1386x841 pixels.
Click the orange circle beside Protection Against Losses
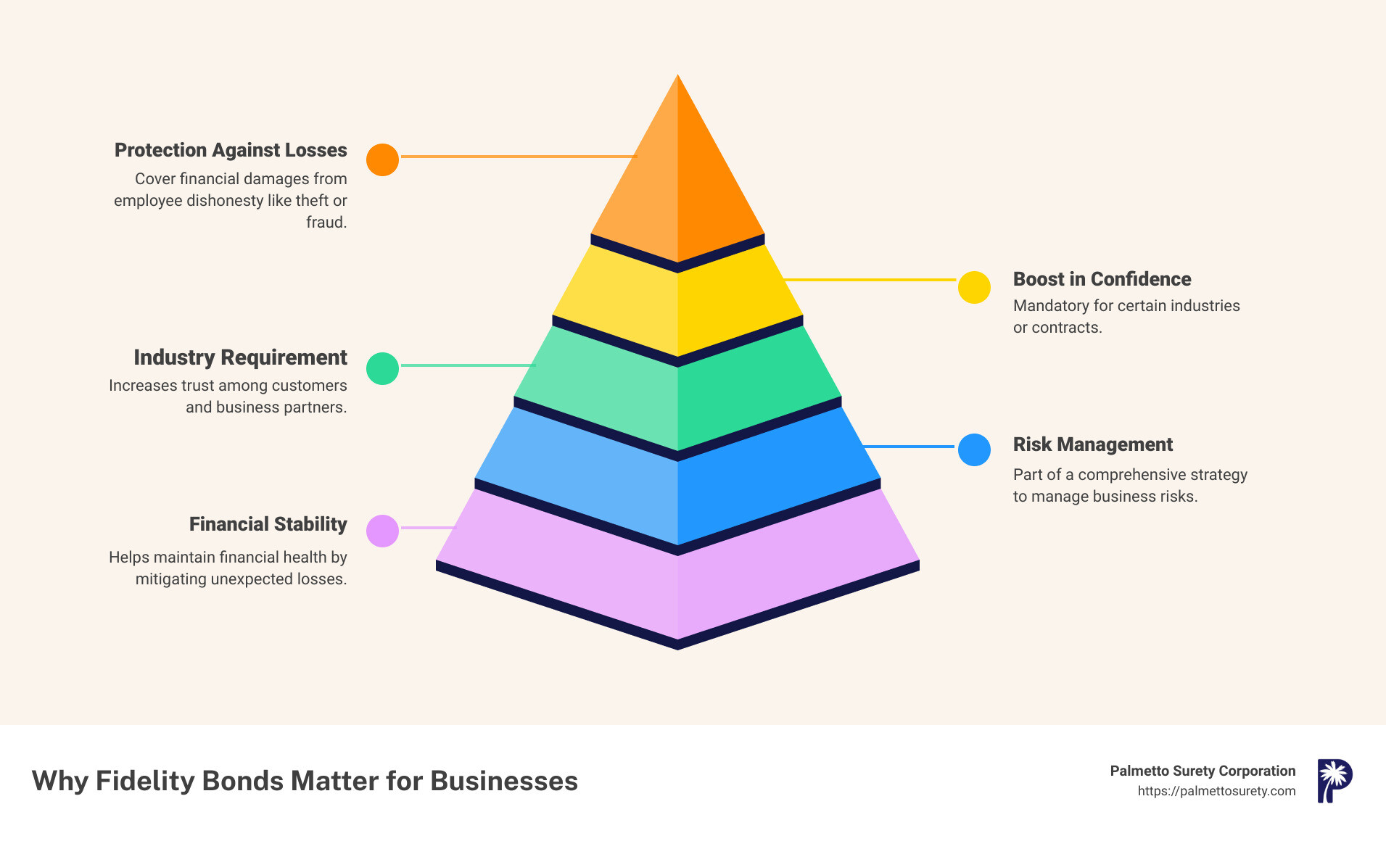[x=382, y=159]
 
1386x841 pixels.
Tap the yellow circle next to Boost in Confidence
[x=974, y=288]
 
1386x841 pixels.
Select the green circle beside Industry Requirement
[x=382, y=368]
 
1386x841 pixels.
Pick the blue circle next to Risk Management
[x=974, y=449]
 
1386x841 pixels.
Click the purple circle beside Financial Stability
[x=382, y=531]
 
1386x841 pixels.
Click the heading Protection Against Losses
[x=231, y=150]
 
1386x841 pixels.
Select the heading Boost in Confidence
[x=1102, y=279]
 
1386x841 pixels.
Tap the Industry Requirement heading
[x=240, y=357]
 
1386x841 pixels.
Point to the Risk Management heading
[x=1092, y=444]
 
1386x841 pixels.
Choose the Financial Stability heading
[x=268, y=524]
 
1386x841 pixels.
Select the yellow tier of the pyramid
[x=677, y=304]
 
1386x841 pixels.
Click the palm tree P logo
[x=1334, y=781]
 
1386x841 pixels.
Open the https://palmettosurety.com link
[x=1216, y=791]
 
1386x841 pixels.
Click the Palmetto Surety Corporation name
[x=1203, y=771]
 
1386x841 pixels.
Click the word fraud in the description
[x=326, y=223]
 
